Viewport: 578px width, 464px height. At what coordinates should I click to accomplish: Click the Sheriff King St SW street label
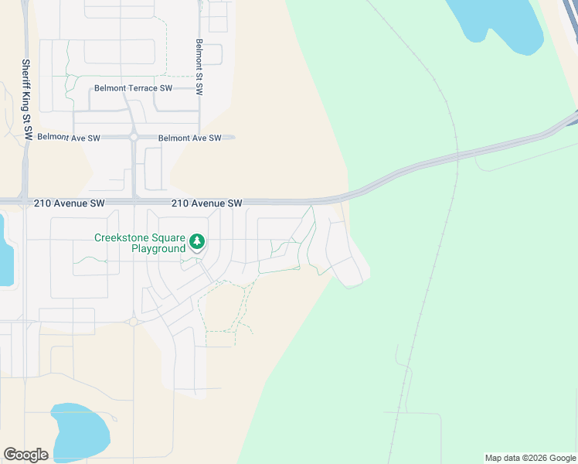[x=26, y=100]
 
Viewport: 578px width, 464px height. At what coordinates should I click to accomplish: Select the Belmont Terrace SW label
[x=133, y=88]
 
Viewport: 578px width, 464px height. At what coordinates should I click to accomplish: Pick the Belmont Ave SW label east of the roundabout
[x=189, y=138]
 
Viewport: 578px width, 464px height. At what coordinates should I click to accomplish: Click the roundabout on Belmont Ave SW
[x=134, y=137]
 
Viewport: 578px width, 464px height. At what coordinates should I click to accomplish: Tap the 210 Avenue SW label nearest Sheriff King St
[x=70, y=203]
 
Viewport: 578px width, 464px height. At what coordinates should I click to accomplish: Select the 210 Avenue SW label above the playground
[x=207, y=203]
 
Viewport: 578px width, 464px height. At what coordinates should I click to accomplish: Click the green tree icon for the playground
[x=198, y=243]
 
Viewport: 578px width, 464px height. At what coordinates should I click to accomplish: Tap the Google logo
[x=25, y=455]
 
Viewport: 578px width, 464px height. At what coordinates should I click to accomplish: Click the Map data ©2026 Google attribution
[x=531, y=458]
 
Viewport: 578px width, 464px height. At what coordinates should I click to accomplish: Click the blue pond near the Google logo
[x=80, y=432]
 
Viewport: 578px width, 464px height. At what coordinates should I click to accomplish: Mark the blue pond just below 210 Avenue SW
[x=5, y=251]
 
